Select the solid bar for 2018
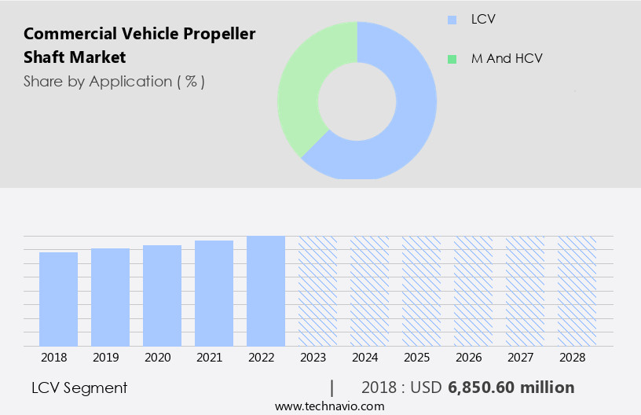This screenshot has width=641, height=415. coord(58,299)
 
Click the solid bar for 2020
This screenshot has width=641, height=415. coord(162,296)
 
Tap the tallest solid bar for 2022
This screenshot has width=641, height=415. coord(266,291)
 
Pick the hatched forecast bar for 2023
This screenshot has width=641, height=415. coord(317,291)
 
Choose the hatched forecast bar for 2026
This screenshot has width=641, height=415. coord(473,291)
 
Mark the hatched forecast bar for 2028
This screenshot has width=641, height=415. coord(577,291)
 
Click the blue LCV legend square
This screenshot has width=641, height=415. coord(451,19)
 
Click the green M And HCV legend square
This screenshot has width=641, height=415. coord(451,59)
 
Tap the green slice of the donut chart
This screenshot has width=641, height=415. coord(302,86)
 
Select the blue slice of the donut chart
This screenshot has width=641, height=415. coord(408,118)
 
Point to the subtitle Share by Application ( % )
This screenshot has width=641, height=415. coord(114,81)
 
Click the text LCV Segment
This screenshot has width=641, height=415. coord(79,387)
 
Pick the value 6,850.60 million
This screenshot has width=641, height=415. coord(511,387)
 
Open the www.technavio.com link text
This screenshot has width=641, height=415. coord(329,406)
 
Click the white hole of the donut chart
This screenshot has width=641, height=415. coord(357,101)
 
